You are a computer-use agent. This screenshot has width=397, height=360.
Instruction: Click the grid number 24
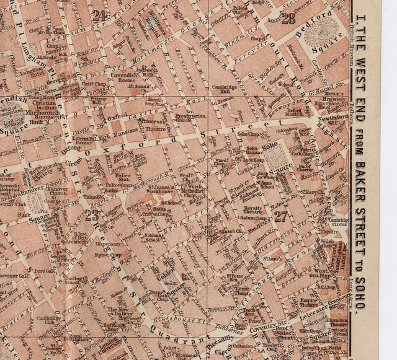[x=99, y=16]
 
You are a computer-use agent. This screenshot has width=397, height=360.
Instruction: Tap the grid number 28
[x=288, y=19]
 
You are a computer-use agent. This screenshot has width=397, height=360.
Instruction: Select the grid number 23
[x=92, y=216]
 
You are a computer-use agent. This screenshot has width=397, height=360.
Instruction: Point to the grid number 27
[x=281, y=216]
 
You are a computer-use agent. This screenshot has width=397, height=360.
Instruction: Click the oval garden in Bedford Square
[x=327, y=29]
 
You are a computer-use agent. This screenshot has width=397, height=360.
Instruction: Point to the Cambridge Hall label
[x=224, y=90]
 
